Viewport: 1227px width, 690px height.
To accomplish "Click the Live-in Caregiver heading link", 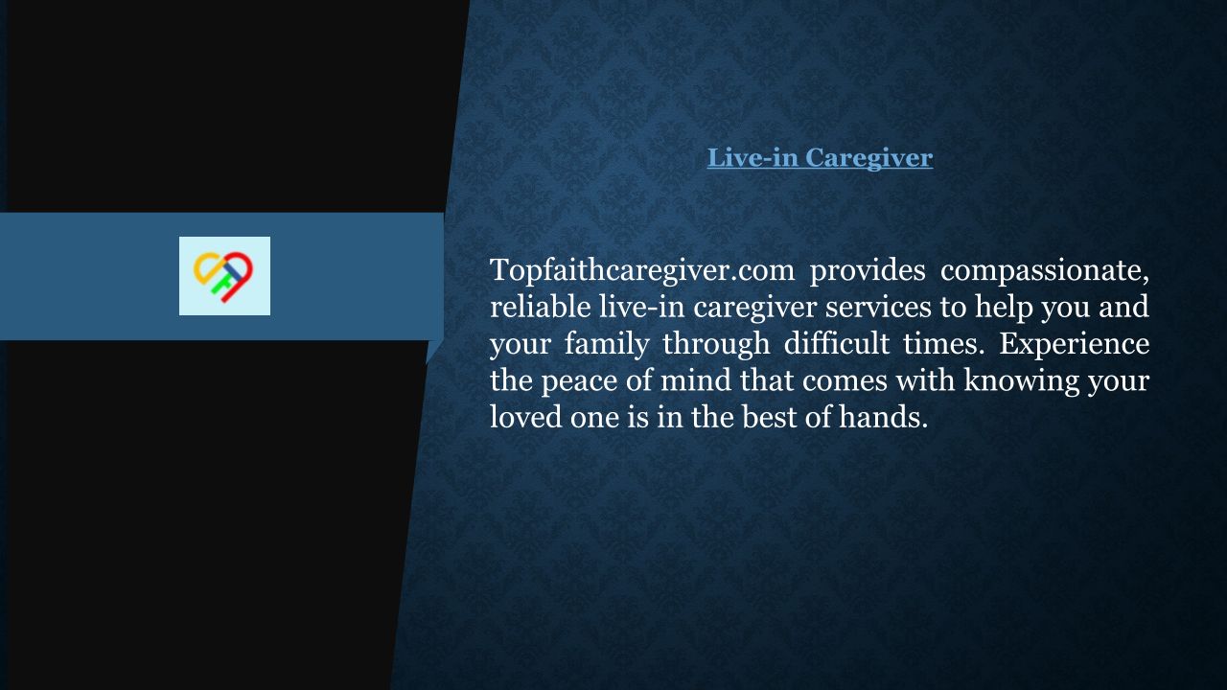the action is point(820,158).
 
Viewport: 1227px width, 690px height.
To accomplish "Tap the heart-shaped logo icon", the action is point(223,277).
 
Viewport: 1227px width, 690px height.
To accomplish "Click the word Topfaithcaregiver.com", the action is point(642,270).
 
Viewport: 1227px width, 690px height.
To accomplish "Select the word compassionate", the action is point(1045,270).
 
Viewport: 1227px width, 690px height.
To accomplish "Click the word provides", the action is point(868,270).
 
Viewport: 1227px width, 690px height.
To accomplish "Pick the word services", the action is point(878,307).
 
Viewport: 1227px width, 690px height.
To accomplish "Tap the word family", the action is point(607,344).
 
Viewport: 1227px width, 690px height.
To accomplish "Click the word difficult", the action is point(837,343).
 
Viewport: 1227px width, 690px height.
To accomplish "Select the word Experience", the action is point(1075,344).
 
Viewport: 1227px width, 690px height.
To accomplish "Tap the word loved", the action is point(526,417).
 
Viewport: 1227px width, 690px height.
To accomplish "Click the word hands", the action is point(884,417).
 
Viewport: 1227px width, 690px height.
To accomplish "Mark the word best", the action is point(769,417).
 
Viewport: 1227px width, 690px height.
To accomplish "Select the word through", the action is point(716,344).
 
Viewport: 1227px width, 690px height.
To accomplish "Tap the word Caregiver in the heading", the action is point(868,158).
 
